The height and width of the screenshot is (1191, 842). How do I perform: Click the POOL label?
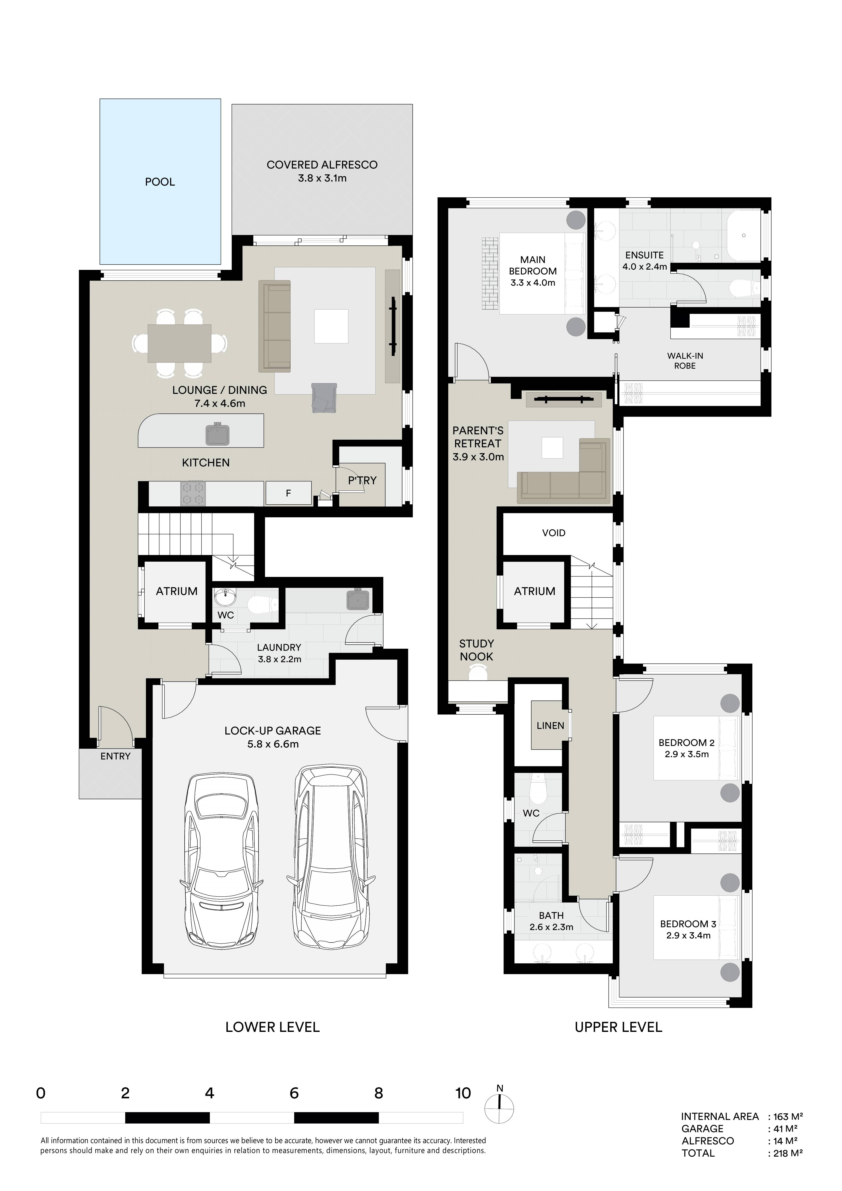click(x=160, y=182)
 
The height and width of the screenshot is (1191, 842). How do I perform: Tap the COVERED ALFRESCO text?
click(x=322, y=165)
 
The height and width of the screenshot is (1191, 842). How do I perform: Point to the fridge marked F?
click(x=289, y=493)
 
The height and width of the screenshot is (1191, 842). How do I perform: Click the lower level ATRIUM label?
click(x=177, y=591)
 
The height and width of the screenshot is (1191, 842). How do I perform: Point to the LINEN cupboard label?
click(x=550, y=726)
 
